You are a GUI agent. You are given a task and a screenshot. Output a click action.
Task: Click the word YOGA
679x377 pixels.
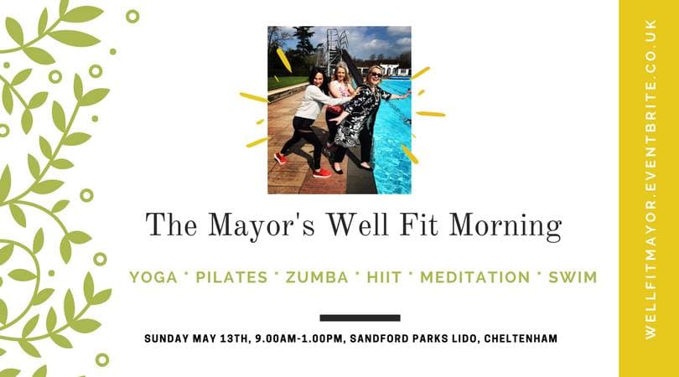pos(153,277)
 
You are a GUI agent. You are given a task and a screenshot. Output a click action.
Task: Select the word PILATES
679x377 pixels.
pos(231,277)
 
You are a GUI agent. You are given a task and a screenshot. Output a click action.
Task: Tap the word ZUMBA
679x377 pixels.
pos(317,277)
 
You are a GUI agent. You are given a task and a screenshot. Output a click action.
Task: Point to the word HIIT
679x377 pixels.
pos(384,277)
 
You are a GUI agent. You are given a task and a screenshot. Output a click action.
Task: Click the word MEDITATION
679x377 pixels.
pos(475,277)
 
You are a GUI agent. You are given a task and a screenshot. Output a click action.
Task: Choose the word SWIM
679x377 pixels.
pos(573,277)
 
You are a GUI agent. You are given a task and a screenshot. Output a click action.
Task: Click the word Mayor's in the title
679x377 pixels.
pos(262,226)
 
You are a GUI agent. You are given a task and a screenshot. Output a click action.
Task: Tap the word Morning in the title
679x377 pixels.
pos(505,226)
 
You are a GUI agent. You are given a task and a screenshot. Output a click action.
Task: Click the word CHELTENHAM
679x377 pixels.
pos(521,338)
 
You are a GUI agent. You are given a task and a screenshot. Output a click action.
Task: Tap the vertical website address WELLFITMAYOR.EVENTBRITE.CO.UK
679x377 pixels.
pos(650,179)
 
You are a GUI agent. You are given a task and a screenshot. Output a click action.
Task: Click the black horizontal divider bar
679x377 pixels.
pos(360,318)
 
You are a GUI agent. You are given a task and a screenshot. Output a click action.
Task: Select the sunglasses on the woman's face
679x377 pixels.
pos(375,75)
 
